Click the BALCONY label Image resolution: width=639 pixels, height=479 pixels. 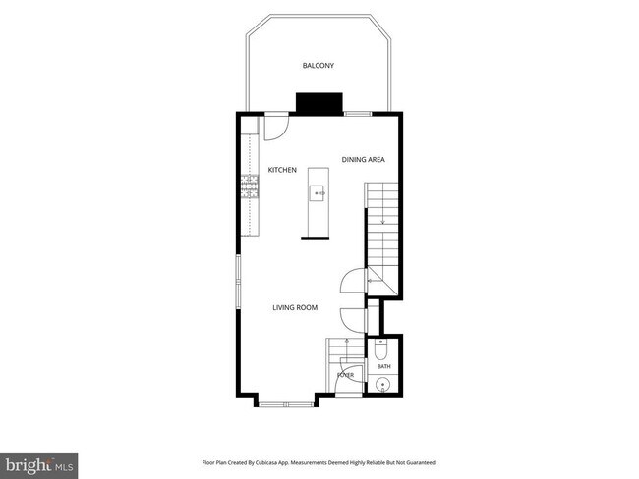[x=318, y=65]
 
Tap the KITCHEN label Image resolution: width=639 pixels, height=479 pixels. [x=282, y=170]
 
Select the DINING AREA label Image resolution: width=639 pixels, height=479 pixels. [x=363, y=160]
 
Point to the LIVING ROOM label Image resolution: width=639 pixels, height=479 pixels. [x=295, y=307]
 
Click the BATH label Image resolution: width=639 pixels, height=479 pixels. [x=383, y=367]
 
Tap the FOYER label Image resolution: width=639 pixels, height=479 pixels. [x=345, y=375]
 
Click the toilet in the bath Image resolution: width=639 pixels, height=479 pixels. [x=381, y=349]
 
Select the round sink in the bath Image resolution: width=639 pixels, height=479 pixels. [x=382, y=384]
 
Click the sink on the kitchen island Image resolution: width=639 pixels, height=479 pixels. [x=317, y=193]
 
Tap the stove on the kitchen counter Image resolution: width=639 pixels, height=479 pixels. [x=250, y=186]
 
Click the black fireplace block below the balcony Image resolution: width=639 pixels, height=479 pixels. [x=319, y=103]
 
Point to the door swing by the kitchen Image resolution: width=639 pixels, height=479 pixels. [x=276, y=129]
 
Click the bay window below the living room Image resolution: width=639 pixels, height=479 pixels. [x=286, y=404]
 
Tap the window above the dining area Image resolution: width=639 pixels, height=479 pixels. [x=358, y=114]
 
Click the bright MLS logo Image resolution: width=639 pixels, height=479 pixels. [x=38, y=466]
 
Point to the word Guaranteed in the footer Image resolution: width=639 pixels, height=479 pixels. [x=424, y=462]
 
